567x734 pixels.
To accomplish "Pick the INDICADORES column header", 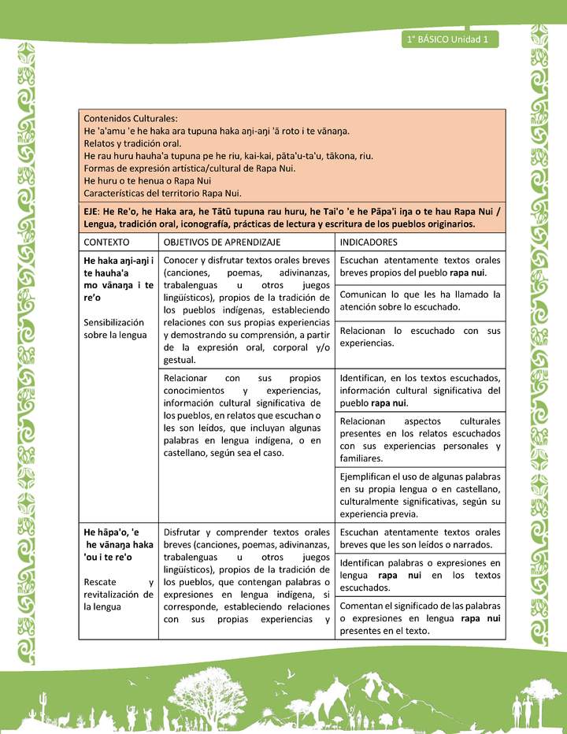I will coord(369,242).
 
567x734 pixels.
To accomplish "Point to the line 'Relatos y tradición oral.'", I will coord(132,143).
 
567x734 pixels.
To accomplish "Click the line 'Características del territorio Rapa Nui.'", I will coord(162,193).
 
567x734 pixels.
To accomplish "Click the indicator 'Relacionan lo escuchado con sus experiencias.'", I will coord(420,337).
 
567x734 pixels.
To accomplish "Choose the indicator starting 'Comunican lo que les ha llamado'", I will coord(420,300).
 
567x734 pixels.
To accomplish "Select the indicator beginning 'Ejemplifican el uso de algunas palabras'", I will coord(420,495).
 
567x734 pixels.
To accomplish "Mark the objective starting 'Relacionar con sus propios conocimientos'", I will coord(246,415).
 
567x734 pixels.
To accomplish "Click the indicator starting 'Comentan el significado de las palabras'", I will coord(420,617).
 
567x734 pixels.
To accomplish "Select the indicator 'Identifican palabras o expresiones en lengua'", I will coord(420,575).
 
